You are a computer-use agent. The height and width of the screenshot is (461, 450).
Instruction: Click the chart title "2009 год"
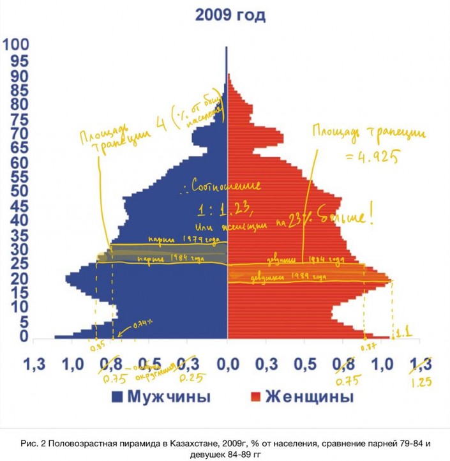(230, 15)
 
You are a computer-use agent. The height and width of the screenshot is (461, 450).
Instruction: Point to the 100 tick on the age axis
(16, 45)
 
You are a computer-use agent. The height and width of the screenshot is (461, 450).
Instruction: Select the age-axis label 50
(16, 191)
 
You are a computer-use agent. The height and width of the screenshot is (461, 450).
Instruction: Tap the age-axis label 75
(16, 118)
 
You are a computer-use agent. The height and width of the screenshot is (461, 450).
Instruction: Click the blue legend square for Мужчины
(117, 397)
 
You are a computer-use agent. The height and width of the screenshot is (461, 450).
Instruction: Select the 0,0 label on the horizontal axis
(227, 365)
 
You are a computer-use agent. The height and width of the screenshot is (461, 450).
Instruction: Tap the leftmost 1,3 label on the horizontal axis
(34, 365)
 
